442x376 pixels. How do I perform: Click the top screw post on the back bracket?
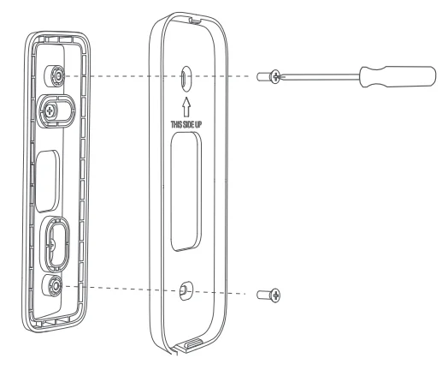pos(56,75)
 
